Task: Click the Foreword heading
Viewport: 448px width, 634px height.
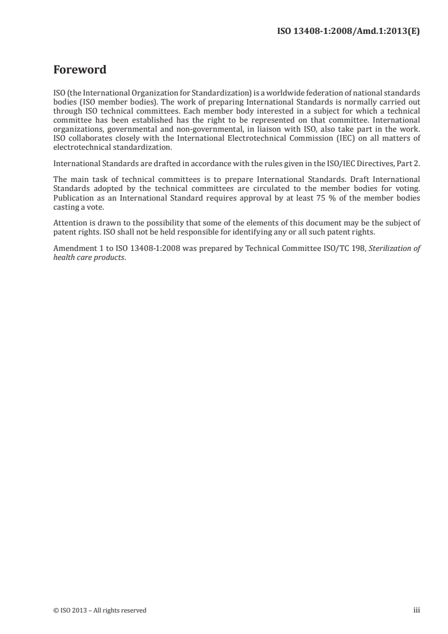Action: click(x=79, y=71)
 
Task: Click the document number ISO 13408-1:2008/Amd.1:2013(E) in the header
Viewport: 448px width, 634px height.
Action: click(x=347, y=32)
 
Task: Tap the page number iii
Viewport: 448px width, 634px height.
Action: click(x=417, y=610)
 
